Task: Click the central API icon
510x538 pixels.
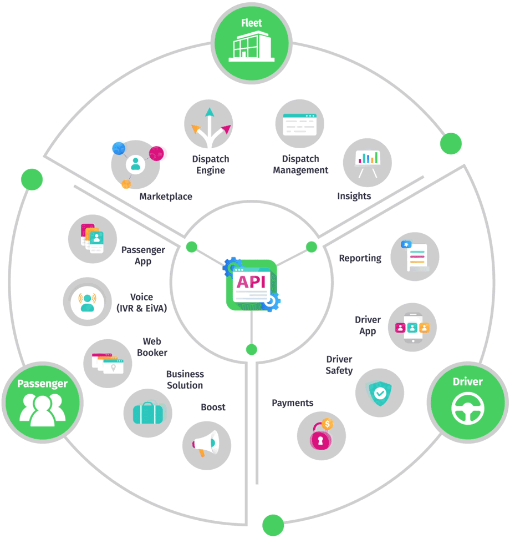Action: (x=252, y=284)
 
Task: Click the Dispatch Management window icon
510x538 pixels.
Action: (x=299, y=124)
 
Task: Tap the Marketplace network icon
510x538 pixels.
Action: (x=135, y=164)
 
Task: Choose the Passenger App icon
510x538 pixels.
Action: (x=93, y=239)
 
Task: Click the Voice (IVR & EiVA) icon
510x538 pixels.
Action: (x=88, y=301)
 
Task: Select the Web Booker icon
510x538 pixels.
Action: (x=108, y=363)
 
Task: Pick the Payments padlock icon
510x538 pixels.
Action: (x=321, y=435)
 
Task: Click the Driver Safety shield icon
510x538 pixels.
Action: (x=379, y=393)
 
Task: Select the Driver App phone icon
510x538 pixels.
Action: (x=412, y=327)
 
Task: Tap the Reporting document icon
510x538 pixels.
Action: (x=415, y=256)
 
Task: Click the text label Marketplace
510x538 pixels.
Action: (x=166, y=197)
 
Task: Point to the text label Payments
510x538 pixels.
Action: (x=292, y=403)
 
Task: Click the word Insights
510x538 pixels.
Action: (x=354, y=196)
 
